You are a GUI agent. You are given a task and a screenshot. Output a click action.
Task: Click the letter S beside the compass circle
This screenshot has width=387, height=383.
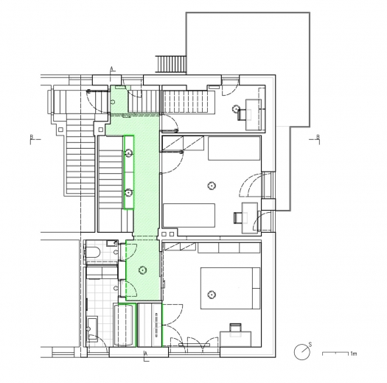point(310,345)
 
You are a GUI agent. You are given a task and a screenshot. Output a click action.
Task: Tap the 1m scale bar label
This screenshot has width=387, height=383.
point(353,354)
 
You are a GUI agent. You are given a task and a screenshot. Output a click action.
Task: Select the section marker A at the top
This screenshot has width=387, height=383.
point(111,68)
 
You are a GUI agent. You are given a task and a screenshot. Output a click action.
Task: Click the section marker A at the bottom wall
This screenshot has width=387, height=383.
point(146,354)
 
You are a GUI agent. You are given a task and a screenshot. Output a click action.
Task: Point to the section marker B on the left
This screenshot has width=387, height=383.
point(32,136)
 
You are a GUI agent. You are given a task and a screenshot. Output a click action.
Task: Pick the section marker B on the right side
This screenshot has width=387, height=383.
point(318,136)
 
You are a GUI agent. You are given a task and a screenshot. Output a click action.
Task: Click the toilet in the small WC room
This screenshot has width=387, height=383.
point(93,253)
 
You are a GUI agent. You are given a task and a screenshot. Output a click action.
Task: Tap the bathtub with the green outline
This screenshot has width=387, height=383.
point(125,325)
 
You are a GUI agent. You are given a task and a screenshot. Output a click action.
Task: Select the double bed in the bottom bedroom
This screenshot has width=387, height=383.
point(230,288)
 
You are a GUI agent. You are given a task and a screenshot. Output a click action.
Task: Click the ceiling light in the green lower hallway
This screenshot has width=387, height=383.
point(142,270)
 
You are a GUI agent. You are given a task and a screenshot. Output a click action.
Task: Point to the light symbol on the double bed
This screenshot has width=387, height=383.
point(212,294)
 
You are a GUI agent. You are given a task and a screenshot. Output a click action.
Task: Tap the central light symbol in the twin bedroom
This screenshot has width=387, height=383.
point(212,186)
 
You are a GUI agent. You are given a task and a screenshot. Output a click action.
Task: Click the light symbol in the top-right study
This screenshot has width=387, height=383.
point(236,108)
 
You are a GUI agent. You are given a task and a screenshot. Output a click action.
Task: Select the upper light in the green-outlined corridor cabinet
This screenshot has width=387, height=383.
point(128,153)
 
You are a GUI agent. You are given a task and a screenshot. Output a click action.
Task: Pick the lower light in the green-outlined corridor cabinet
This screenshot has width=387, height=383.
point(128,193)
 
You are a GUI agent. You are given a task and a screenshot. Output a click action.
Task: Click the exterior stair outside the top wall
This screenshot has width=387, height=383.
point(171,64)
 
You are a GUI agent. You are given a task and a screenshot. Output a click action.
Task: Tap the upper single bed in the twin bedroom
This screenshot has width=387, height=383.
point(234,148)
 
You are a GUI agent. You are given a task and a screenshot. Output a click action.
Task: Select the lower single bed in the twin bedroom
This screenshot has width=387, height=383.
point(189,215)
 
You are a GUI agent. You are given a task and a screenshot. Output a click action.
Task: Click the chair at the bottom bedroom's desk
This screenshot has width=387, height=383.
point(235,330)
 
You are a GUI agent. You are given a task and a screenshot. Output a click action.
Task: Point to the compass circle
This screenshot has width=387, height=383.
point(301,352)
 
